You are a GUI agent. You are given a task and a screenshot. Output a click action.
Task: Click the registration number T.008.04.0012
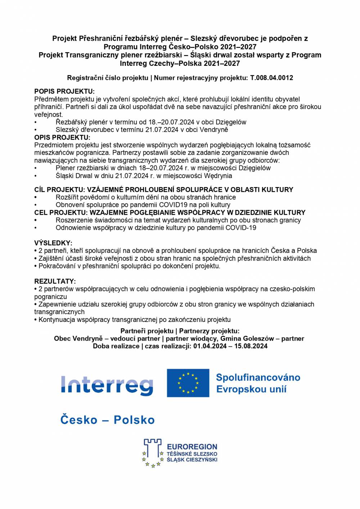[x=271, y=78]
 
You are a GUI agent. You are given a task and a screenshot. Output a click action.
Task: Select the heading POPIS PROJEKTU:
[x=64, y=91]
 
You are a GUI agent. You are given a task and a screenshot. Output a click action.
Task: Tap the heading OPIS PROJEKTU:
[x=62, y=137]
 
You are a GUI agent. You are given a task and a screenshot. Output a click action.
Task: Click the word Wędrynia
[x=218, y=176]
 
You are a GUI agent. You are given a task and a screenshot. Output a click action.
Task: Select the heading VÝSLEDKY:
[x=53, y=243]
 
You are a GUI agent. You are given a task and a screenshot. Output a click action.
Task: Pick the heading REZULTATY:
[x=55, y=281]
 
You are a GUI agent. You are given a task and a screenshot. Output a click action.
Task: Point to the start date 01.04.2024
[x=210, y=346]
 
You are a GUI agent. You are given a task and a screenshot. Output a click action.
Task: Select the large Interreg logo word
[x=107, y=385]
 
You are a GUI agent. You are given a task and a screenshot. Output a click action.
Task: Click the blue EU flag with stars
[x=188, y=383]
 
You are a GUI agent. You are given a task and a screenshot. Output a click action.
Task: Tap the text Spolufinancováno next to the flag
[x=258, y=377]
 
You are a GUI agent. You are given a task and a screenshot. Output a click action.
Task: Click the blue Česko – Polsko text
[x=107, y=420]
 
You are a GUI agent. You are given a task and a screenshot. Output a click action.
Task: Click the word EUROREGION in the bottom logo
[x=192, y=447]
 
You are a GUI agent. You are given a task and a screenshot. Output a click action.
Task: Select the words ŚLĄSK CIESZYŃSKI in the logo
[x=192, y=460]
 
